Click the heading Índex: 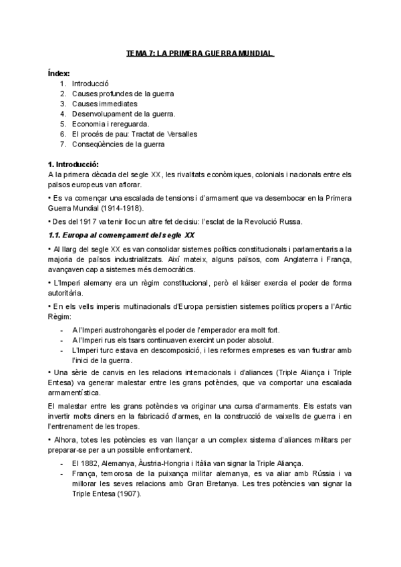(x=59, y=74)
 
